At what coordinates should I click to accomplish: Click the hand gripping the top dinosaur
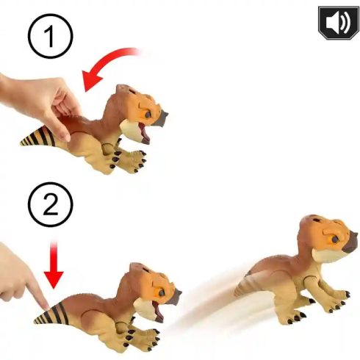[40, 103]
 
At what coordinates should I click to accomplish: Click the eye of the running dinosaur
[334, 239]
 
